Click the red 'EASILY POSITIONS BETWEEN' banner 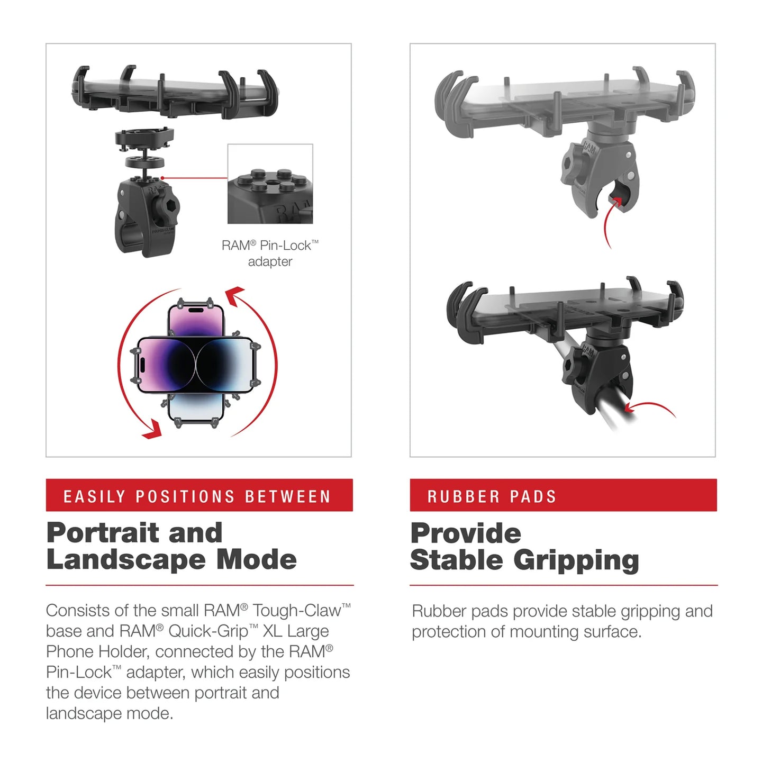(199, 495)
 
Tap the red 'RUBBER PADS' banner (563, 495)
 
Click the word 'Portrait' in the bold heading (103, 533)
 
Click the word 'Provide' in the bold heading (466, 533)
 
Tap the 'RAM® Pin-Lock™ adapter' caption (270, 253)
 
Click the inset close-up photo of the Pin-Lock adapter (270, 184)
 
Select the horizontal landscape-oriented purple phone (196, 365)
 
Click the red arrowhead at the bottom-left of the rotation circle (152, 429)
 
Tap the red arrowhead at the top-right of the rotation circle (235, 293)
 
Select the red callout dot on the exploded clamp (162, 178)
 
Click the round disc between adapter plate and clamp (144, 162)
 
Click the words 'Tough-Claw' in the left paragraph (296, 610)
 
